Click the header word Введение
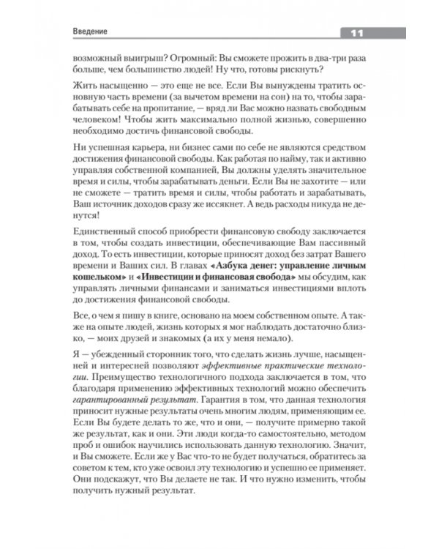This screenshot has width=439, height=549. coord(91,33)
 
